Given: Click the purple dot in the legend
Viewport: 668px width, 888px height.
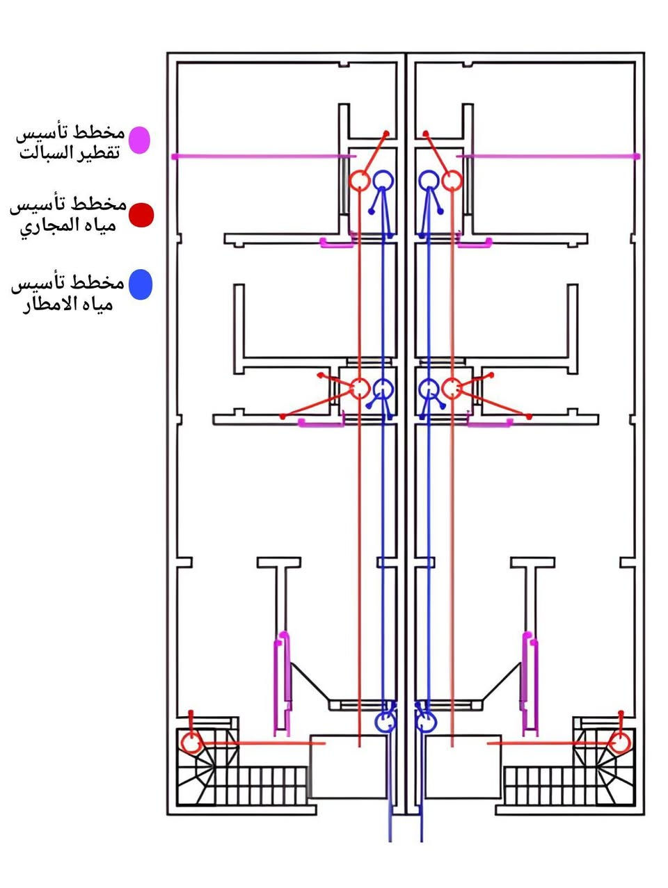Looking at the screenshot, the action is click(x=139, y=140).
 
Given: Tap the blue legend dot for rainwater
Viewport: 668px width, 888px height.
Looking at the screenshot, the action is click(x=141, y=284).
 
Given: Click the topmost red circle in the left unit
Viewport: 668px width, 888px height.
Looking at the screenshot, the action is click(x=358, y=181).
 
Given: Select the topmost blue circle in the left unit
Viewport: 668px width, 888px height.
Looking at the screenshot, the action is click(x=383, y=180).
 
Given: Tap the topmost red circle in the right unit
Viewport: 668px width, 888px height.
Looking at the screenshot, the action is click(x=451, y=180).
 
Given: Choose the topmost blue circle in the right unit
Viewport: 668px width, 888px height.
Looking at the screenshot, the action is click(x=429, y=180).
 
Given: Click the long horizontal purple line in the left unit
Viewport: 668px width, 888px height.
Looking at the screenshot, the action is click(x=264, y=156).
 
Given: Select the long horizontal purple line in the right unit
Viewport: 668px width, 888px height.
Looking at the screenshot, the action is click(x=548, y=156).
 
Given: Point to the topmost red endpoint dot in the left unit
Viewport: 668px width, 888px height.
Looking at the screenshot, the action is click(x=387, y=134).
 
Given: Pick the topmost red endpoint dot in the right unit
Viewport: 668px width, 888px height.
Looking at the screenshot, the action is click(x=425, y=133).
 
